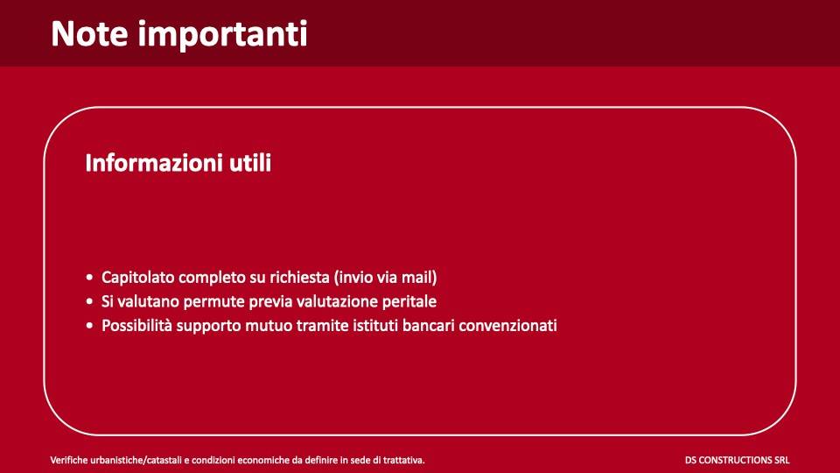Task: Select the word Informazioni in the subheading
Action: pos(150,163)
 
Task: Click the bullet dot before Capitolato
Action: pos(90,278)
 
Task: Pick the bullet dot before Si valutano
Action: pos(90,302)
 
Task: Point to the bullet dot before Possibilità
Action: pos(90,326)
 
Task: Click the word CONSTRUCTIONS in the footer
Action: pos(737,460)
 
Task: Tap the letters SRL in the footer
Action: pos(782,460)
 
